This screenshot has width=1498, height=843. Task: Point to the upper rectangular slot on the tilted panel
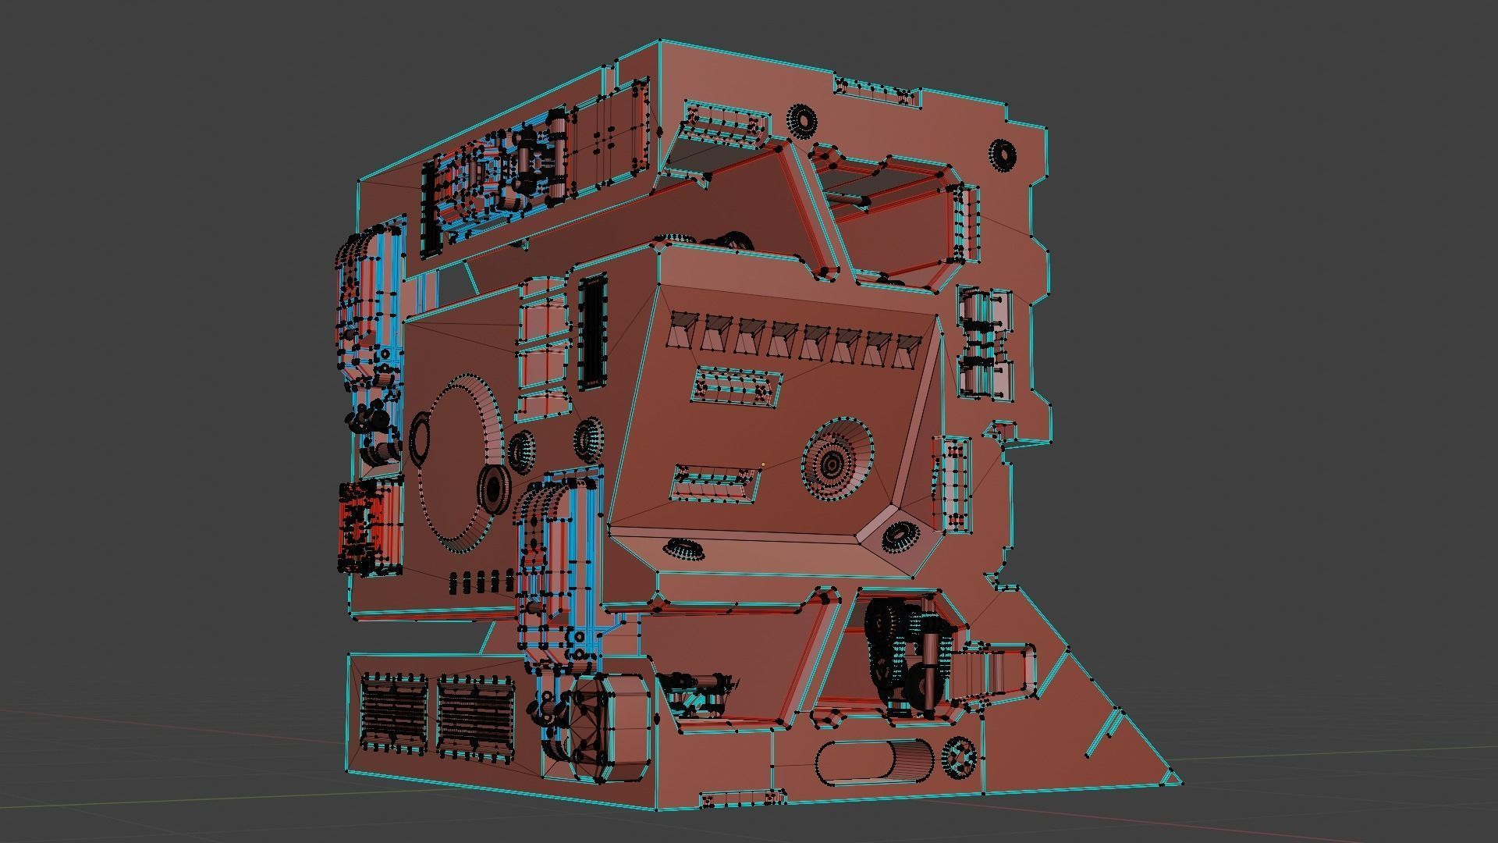736,386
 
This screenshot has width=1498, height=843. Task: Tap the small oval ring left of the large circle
421,439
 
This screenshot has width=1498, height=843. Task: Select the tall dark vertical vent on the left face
593,332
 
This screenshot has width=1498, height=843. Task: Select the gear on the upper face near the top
801,119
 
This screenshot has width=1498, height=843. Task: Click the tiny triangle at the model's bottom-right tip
1171,779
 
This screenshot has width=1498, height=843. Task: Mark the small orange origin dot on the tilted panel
763,464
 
